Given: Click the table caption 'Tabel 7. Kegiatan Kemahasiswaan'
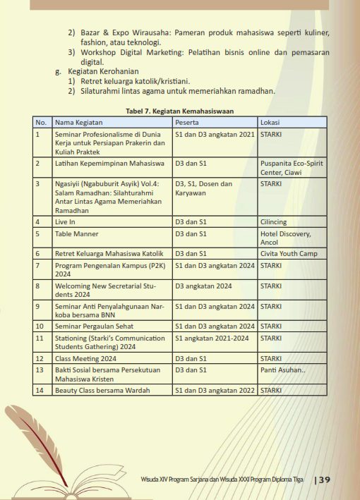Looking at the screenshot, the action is [179, 111].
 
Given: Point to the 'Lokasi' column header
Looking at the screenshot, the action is [270, 122].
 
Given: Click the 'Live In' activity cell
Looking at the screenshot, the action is [65, 221].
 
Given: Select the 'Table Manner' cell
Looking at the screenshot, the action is [76, 233].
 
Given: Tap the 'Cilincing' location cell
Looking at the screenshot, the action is [274, 221].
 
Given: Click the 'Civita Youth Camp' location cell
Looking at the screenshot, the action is [289, 253].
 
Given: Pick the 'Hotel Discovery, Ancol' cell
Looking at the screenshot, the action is [285, 238].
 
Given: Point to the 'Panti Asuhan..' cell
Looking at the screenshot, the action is [282, 370].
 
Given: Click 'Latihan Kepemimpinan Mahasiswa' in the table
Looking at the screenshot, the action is [104, 163].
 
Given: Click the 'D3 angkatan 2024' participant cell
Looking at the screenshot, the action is [203, 286].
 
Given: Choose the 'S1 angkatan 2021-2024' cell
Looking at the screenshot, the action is [212, 338].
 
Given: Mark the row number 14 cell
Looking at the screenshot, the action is [42, 390].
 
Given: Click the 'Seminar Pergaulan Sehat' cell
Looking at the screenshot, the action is [94, 326].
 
